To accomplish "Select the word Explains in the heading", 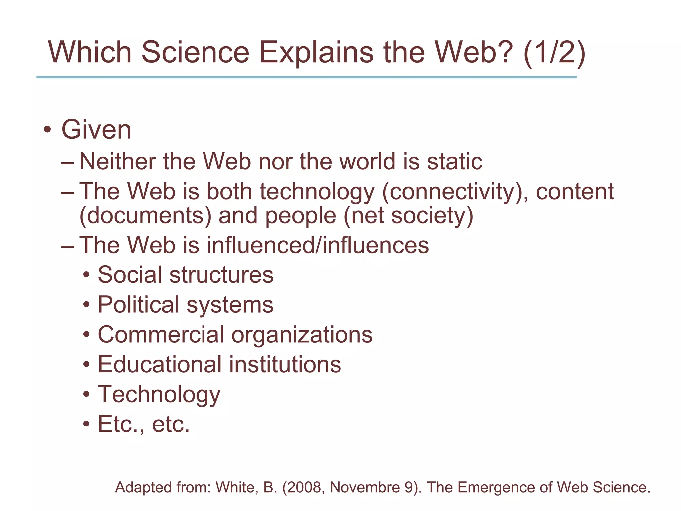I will click(x=316, y=52).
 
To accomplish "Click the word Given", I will click(x=96, y=130).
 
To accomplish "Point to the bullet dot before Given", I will click(x=47, y=130).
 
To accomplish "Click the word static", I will click(x=455, y=162).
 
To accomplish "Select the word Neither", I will click(x=117, y=162).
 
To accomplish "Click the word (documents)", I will click(x=145, y=216).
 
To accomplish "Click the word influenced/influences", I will click(x=318, y=245).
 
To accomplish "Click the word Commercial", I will click(x=161, y=335).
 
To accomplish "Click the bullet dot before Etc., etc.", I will click(x=87, y=425).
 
